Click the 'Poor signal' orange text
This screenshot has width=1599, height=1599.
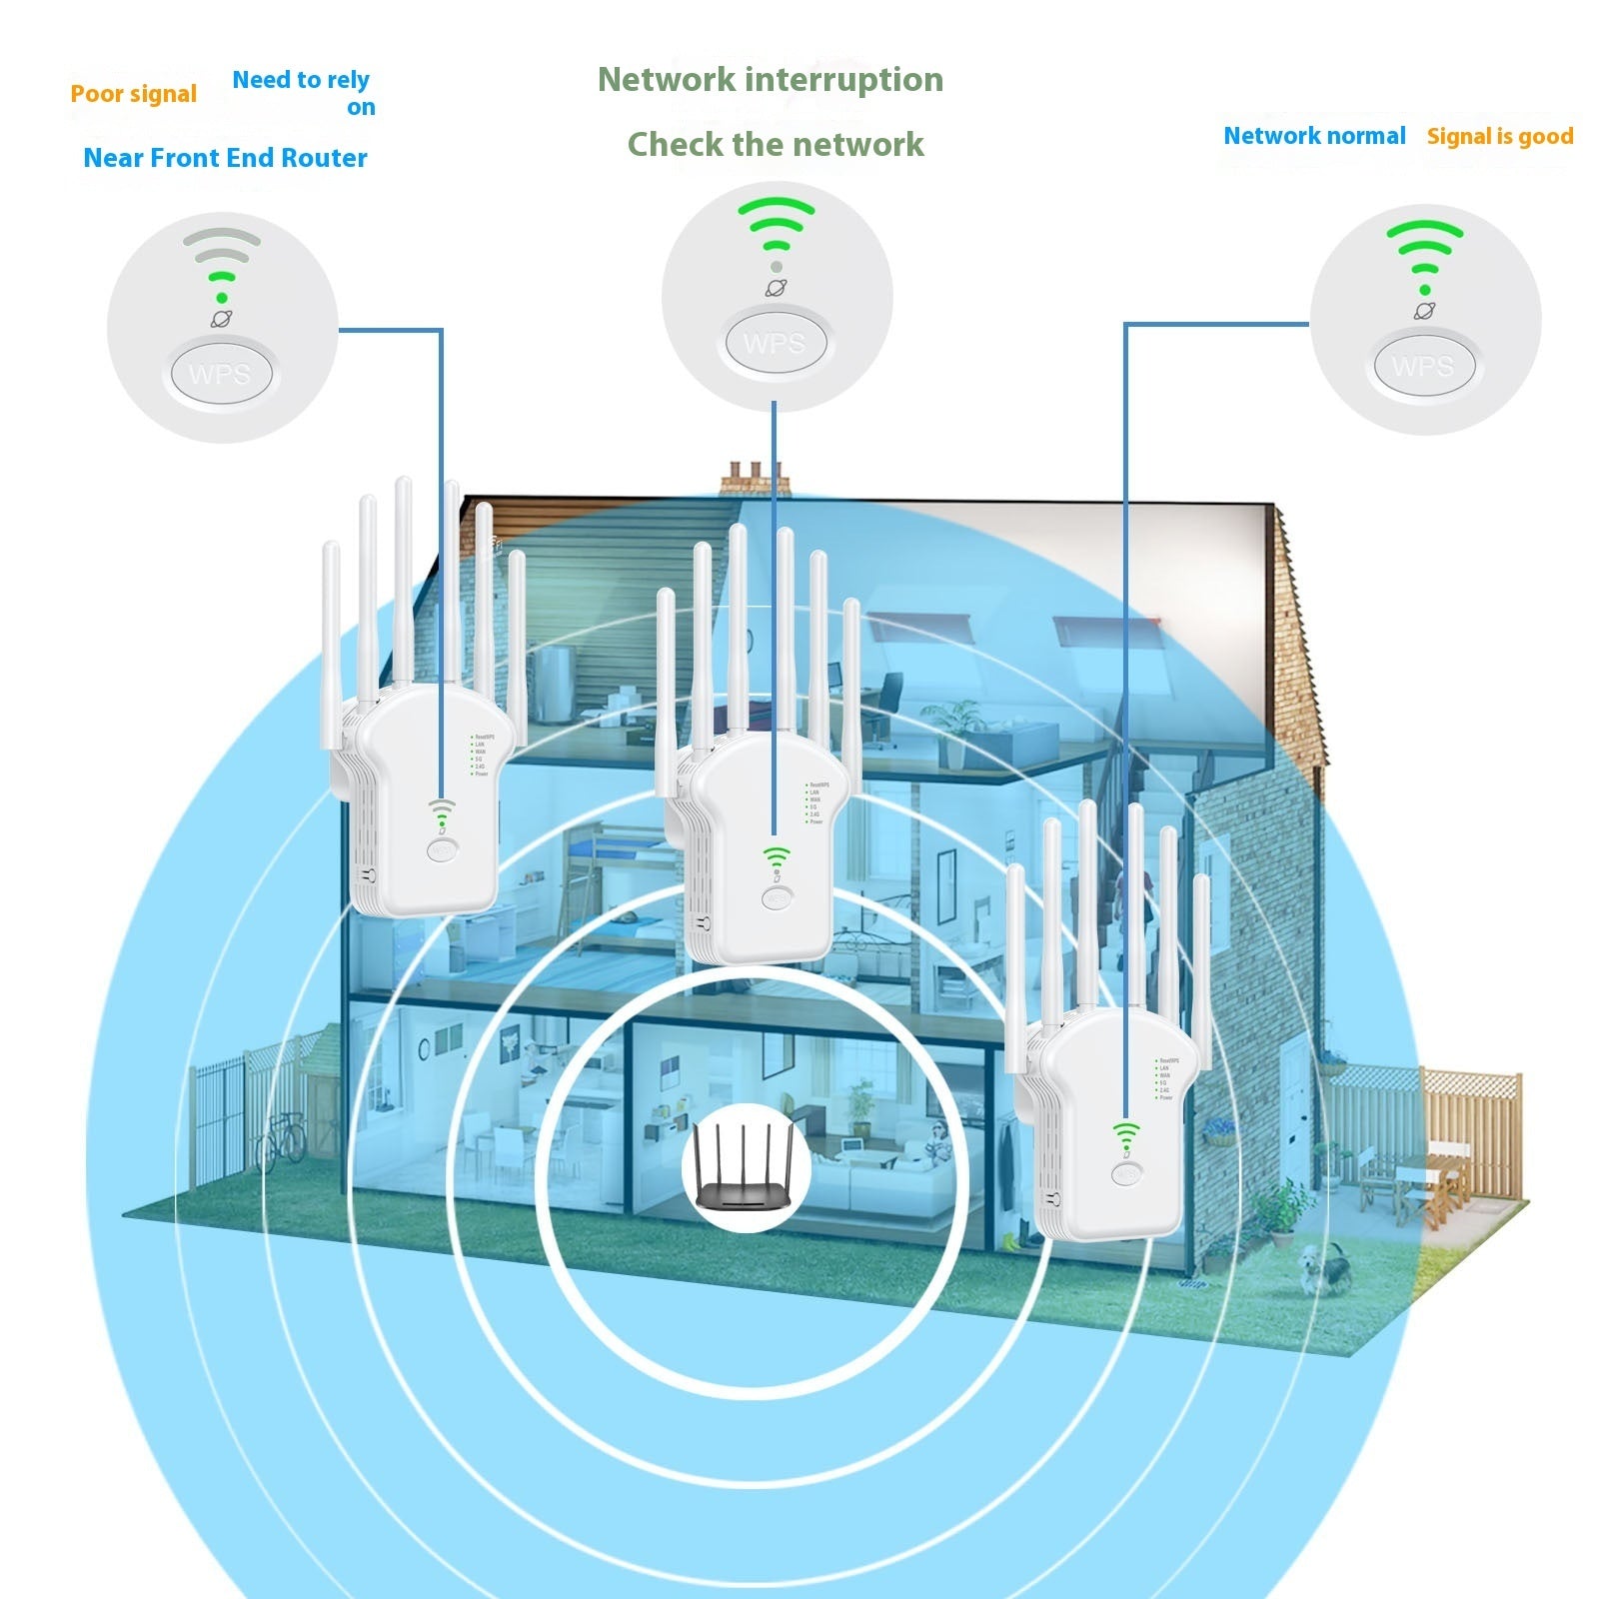134,94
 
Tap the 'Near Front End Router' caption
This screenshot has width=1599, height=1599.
225,158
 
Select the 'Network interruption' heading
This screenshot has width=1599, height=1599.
770,80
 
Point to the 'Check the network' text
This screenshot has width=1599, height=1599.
776,145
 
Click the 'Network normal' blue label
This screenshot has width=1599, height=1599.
1314,136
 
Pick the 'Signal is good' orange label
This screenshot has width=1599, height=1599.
1499,137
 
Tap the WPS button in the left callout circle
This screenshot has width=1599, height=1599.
221,375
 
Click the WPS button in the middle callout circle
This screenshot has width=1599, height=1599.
775,344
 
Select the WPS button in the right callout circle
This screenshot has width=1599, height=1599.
1423,367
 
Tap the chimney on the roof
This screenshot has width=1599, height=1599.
757,479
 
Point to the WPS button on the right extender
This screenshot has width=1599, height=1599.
1127,1175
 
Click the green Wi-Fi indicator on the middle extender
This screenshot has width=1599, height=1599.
777,856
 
